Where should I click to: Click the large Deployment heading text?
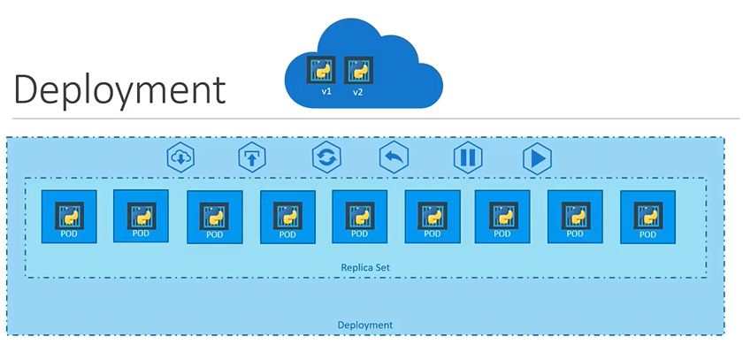[x=119, y=90]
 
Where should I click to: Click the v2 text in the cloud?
[x=358, y=92]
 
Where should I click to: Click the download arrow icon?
[x=181, y=158]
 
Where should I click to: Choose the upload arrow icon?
[x=253, y=158]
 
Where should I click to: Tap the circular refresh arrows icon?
[x=326, y=158]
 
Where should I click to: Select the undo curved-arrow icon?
[x=394, y=158]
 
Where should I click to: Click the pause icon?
[x=468, y=158]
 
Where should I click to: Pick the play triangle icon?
[x=537, y=158]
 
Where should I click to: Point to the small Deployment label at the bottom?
[x=365, y=325]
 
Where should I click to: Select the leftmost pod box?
[x=69, y=217]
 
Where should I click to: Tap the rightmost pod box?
[x=647, y=218]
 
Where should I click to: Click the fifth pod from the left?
[x=359, y=218]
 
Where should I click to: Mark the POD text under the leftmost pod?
[x=69, y=234]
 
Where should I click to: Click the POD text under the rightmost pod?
[x=647, y=234]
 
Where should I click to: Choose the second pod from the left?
[x=142, y=216]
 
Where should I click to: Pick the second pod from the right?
[x=575, y=218]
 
